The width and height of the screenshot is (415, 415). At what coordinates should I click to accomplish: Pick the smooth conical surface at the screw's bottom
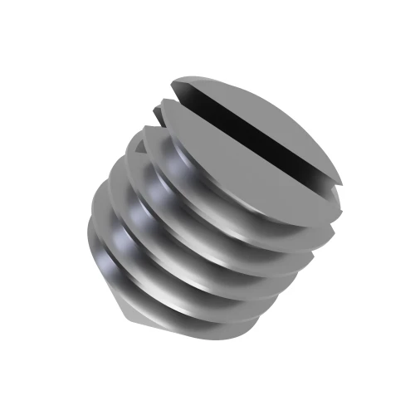(x=137, y=311)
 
